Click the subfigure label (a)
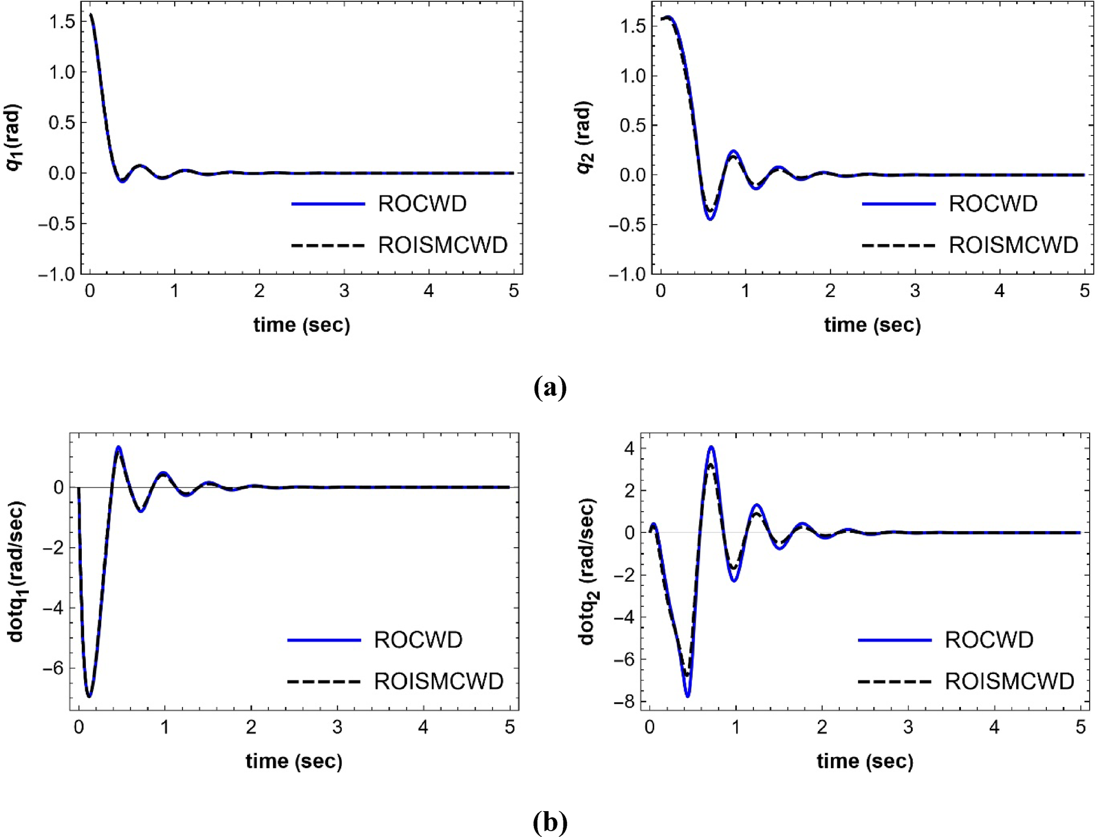tap(549, 388)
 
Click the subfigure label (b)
tap(549, 822)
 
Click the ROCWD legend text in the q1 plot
tap(422, 204)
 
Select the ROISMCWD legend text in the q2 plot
tap(1013, 245)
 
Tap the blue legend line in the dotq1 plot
tap(323, 640)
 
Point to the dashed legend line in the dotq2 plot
tap(894, 682)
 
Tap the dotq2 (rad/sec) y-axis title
tap(587, 572)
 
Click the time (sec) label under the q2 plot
tap(872, 325)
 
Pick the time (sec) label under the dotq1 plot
tap(293, 761)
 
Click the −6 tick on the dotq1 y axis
tap(53, 668)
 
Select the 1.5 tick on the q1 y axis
tap(62, 22)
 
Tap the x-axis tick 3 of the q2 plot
tap(915, 291)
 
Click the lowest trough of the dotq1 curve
tap(89, 696)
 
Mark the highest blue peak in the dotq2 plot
tap(711, 447)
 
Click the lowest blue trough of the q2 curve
tap(710, 219)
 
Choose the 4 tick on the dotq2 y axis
tap(629, 449)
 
